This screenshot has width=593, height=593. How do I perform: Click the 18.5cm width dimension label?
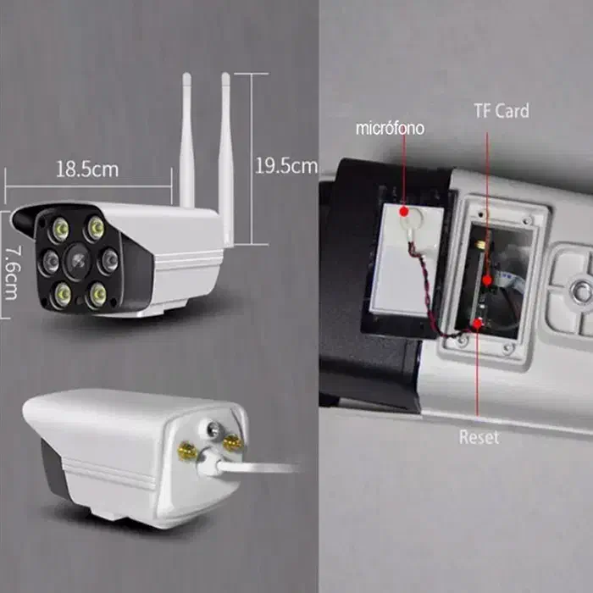tap(87, 169)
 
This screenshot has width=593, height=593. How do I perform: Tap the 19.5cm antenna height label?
tap(286, 166)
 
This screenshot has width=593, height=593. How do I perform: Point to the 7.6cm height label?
tap(12, 273)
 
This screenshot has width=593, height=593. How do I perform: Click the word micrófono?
tap(390, 129)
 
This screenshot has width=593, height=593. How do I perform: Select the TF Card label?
tap(502, 111)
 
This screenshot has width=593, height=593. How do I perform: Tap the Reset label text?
tap(479, 437)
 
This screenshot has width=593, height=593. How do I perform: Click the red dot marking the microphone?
tap(404, 212)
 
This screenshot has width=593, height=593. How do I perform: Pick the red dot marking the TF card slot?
tap(487, 280)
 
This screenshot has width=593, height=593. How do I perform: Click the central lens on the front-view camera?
tap(78, 261)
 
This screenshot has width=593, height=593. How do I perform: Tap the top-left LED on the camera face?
tap(60, 230)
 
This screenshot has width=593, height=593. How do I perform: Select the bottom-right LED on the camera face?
tap(98, 294)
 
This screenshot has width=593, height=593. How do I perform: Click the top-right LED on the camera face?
tap(95, 228)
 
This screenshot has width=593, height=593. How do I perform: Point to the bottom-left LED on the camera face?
tap(63, 294)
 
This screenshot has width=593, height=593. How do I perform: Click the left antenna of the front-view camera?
tap(187, 140)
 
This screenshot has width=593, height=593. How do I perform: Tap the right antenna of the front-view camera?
tap(226, 159)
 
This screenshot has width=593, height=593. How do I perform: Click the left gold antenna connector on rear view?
tap(186, 451)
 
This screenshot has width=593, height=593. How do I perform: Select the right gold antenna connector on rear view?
tap(233, 443)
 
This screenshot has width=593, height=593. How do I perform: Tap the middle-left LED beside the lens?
tap(49, 262)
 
